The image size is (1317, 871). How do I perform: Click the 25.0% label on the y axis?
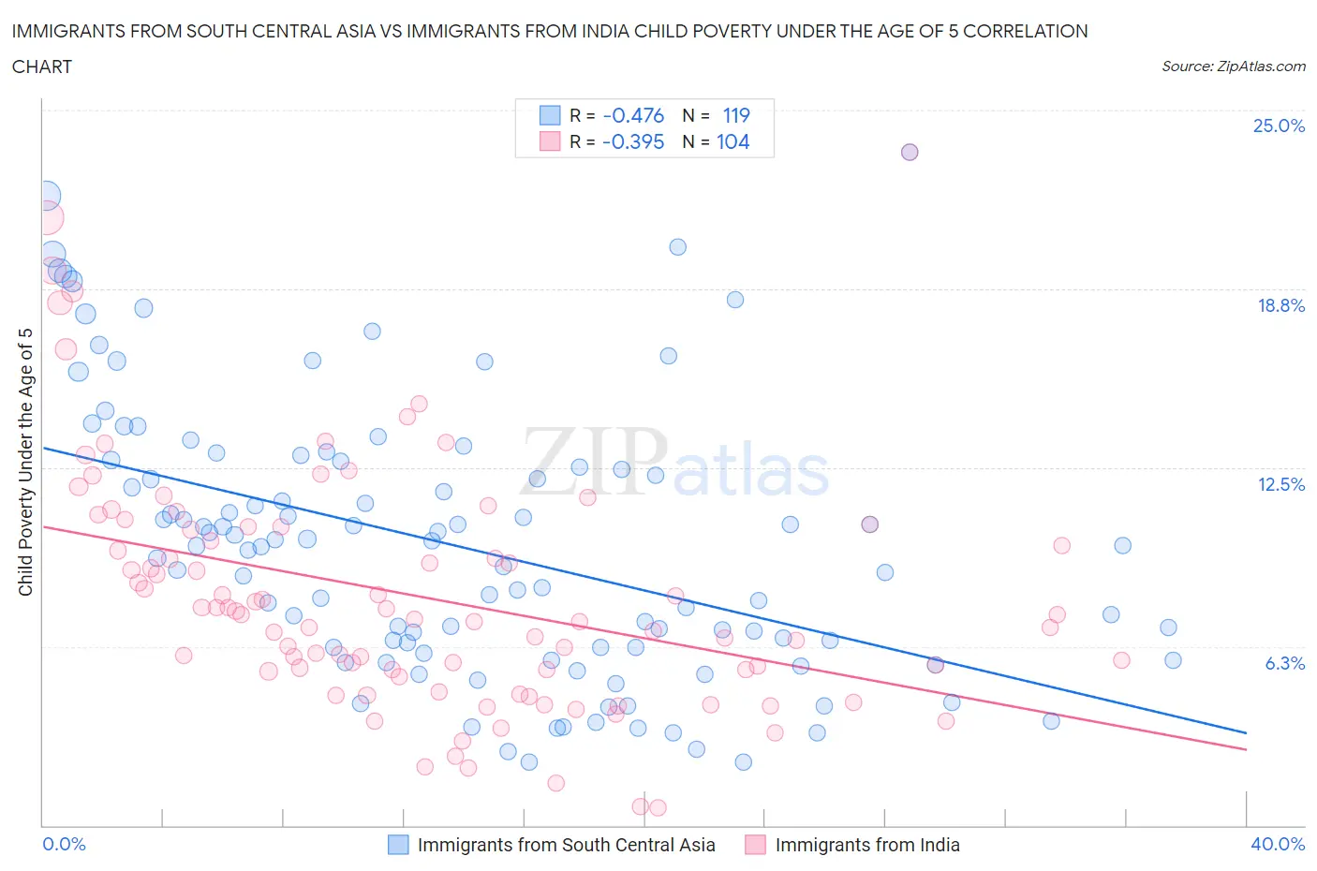(x=1279, y=125)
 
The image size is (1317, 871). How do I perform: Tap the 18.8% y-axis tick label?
(x=1280, y=305)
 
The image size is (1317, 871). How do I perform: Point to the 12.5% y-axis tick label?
(x=1280, y=484)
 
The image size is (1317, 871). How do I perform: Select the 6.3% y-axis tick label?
(x=1284, y=663)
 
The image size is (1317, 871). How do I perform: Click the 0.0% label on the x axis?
(x=65, y=844)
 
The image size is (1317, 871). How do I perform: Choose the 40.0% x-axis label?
(x=1278, y=844)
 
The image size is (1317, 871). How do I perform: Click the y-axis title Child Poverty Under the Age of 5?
(x=26, y=462)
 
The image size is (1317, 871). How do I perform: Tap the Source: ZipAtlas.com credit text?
(x=1233, y=66)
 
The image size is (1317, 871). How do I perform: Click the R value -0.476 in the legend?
(x=633, y=115)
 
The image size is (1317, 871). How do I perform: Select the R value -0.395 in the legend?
(x=633, y=141)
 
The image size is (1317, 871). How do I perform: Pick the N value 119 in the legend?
(x=736, y=115)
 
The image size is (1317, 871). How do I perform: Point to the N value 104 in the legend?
(x=732, y=141)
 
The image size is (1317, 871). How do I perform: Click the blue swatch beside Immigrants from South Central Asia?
(x=398, y=845)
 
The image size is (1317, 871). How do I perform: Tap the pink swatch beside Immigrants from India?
(x=755, y=845)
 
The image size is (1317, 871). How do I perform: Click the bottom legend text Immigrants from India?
(x=867, y=845)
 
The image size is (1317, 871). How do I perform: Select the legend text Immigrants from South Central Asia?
(x=566, y=845)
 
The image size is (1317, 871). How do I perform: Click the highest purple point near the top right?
(x=909, y=152)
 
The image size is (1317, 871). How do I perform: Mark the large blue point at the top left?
(x=46, y=196)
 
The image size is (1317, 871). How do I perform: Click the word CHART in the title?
(x=42, y=66)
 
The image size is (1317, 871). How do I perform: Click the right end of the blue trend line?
(x=1246, y=732)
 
